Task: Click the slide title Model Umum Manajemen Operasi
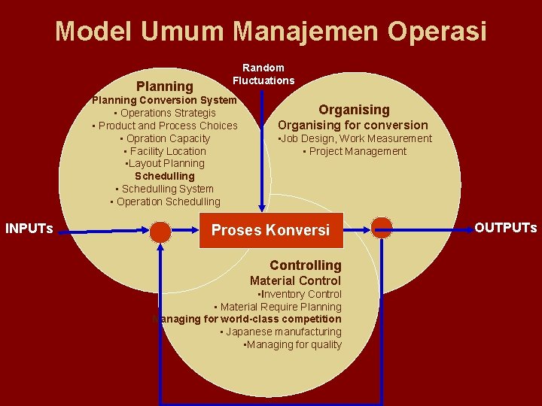point(271,32)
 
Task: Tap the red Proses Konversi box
point(270,230)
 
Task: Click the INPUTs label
point(29,228)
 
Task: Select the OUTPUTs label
point(505,227)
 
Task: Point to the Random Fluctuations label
point(263,74)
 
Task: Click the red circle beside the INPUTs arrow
point(160,231)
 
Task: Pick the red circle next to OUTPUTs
point(382,228)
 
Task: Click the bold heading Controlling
point(305,265)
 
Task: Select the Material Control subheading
point(295,280)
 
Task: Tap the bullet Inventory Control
point(300,294)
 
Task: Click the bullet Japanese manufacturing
point(281,332)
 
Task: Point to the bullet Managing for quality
point(293,344)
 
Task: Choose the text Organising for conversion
point(353,125)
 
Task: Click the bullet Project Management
point(355,151)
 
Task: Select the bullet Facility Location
point(166,151)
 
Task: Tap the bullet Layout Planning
point(165,163)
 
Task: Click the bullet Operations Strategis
point(165,113)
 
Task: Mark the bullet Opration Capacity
point(166,138)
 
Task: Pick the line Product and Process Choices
point(166,126)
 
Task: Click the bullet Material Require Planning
point(278,307)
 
